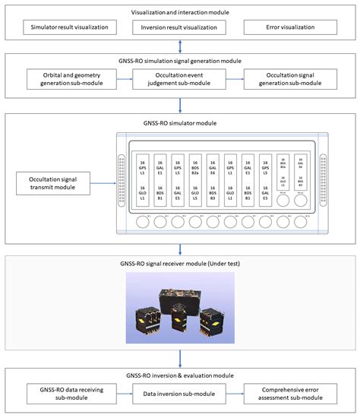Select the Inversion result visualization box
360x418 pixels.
[x=180, y=28]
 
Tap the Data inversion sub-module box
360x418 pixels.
[x=180, y=393]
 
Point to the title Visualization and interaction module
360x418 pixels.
[x=180, y=11]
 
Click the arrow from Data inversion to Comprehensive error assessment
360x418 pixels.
[x=235, y=393]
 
